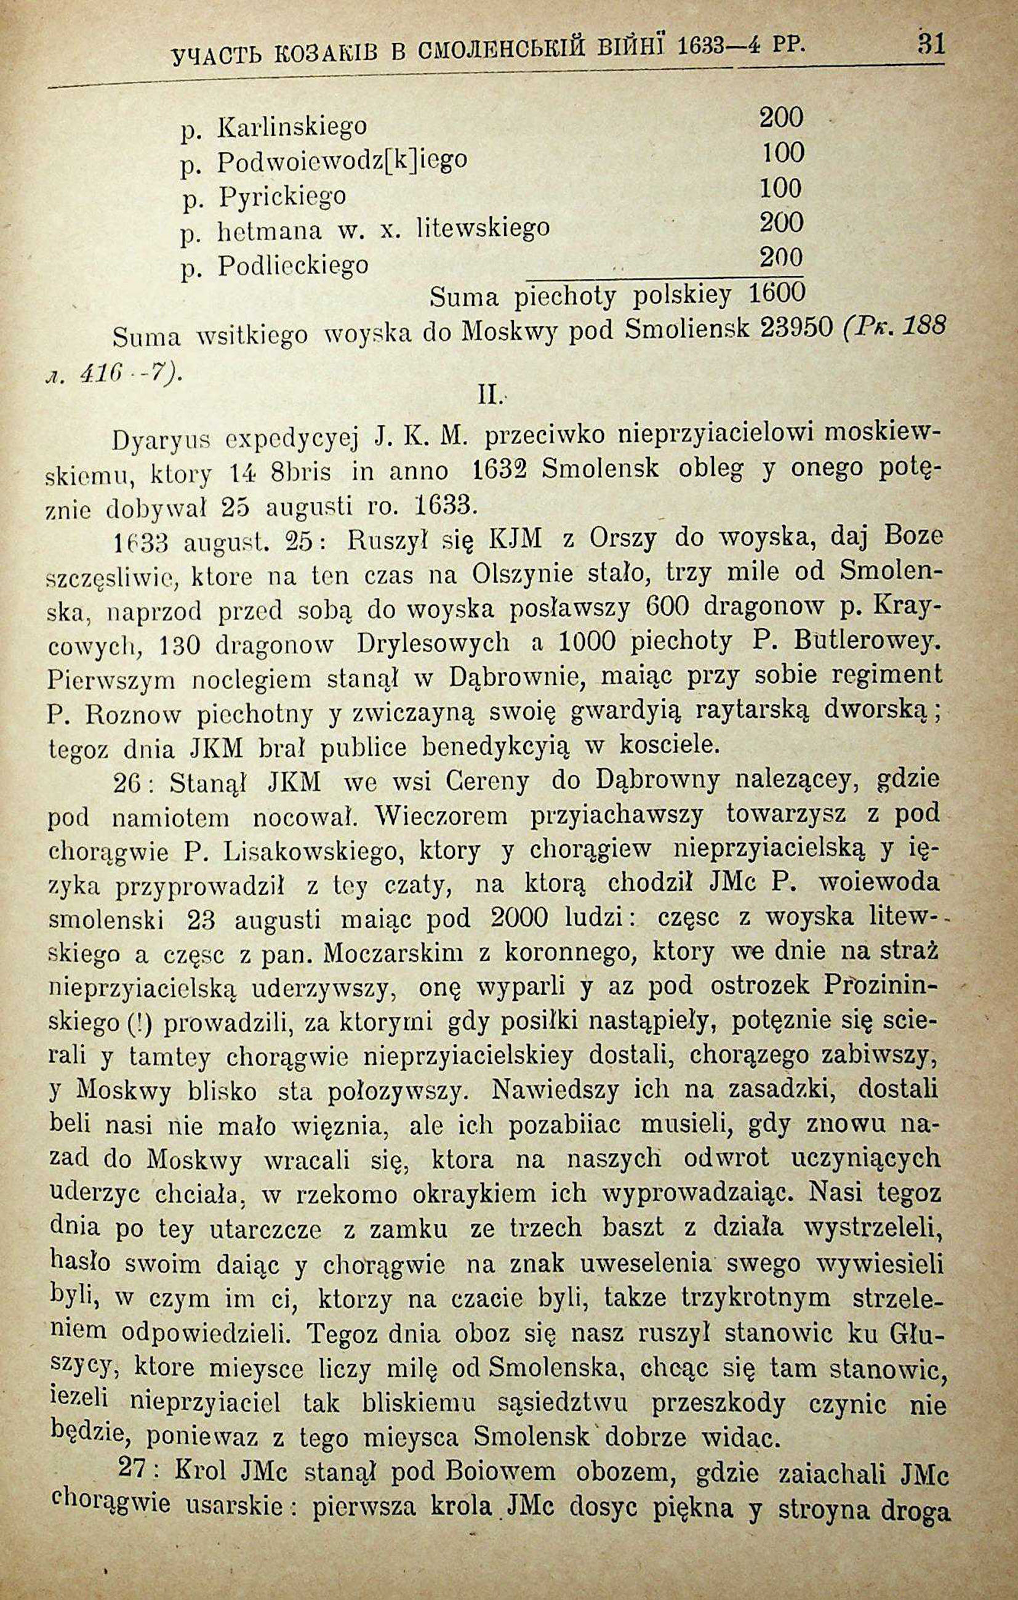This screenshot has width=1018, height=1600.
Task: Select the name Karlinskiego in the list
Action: tap(292, 126)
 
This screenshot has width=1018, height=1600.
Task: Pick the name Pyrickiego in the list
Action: tap(283, 196)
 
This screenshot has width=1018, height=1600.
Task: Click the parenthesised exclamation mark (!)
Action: tap(140, 1024)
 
